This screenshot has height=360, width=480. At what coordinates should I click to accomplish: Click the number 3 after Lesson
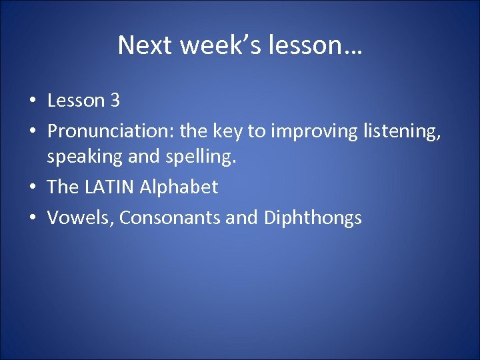(x=115, y=101)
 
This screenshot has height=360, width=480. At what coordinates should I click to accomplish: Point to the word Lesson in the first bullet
(x=77, y=101)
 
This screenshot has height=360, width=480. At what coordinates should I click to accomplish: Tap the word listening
(x=402, y=131)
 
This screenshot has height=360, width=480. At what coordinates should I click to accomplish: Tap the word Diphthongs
(x=313, y=218)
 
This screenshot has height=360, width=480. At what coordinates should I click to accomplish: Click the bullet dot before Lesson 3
(x=31, y=101)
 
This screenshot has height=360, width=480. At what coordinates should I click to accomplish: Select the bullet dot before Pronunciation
(x=31, y=132)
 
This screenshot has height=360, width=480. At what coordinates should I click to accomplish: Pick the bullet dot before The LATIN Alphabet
(x=31, y=188)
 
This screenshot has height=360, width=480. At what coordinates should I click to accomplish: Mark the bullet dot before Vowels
(x=31, y=219)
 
